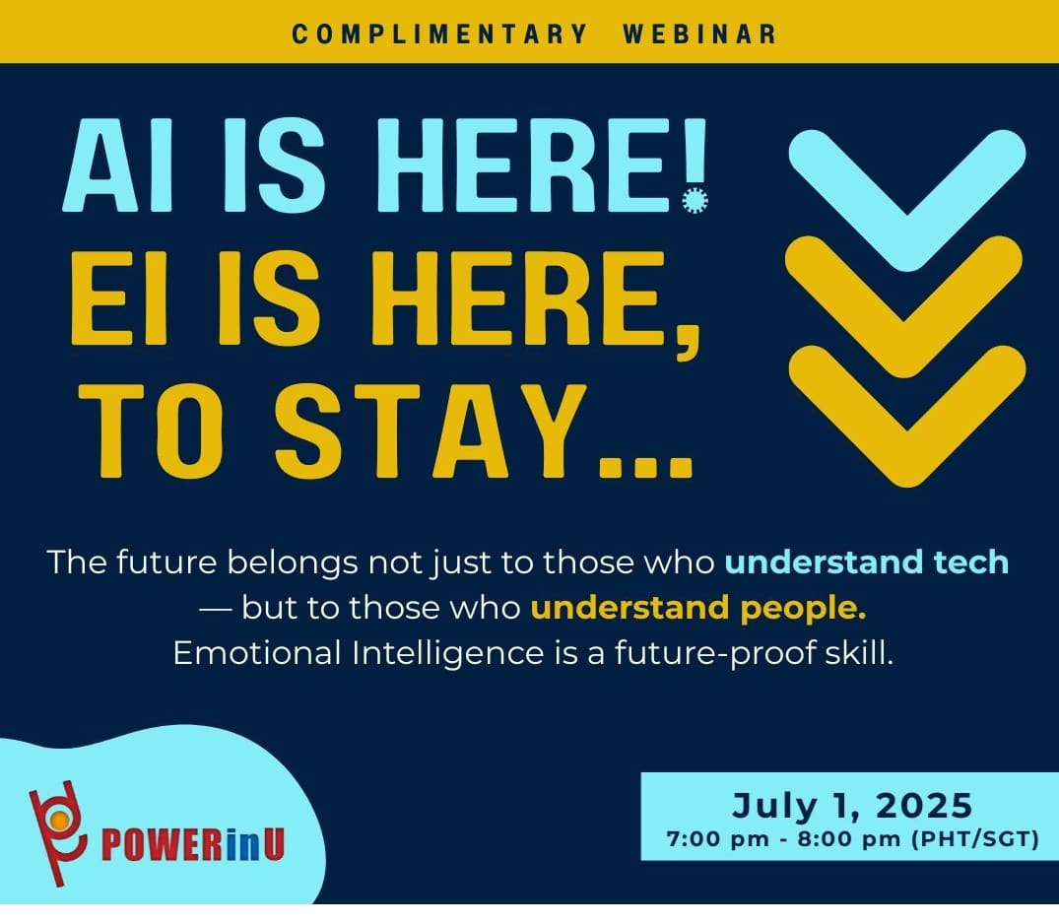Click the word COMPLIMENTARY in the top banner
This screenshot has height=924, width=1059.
point(439,33)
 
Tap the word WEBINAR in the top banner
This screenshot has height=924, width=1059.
point(700,33)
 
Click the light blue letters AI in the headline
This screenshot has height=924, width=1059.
point(118,165)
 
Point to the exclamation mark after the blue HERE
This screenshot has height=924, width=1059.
point(695,166)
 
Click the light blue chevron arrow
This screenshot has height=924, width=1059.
point(907,200)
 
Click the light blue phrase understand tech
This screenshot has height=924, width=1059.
point(867,561)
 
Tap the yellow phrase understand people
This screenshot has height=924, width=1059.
point(698,608)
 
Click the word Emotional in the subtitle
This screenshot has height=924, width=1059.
point(257,653)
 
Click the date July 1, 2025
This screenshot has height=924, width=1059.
point(852,805)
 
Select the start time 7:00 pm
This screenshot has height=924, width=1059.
point(717,839)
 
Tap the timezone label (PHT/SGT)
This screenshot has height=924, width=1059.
point(974,839)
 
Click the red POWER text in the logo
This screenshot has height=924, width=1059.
point(162,844)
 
